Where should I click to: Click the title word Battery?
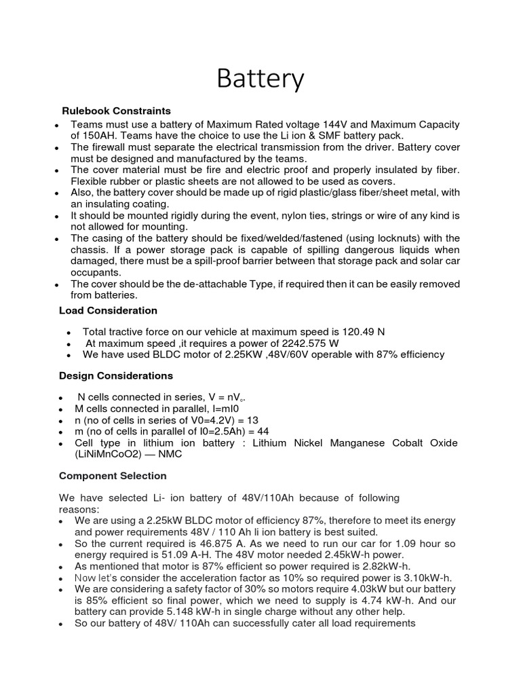(260, 79)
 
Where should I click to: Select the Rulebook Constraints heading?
(116, 111)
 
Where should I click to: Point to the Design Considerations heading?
(116, 375)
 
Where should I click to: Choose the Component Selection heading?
(113, 476)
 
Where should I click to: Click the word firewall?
(111, 147)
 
